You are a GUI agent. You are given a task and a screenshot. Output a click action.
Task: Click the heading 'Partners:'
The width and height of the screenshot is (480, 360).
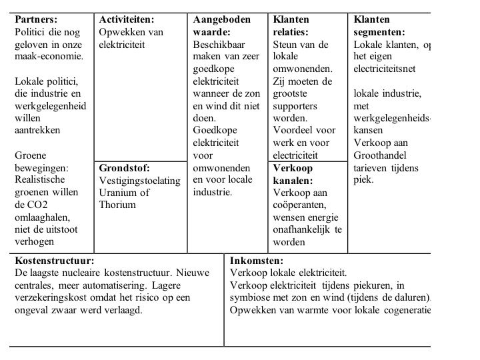36,19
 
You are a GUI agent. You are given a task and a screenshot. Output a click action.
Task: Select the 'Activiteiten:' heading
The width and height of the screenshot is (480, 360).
126,19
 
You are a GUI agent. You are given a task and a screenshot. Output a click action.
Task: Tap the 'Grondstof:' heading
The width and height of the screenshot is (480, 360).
124,168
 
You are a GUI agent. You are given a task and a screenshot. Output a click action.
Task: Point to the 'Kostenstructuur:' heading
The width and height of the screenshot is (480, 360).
54,261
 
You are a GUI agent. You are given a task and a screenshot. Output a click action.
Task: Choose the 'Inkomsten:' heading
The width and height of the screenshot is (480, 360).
257,261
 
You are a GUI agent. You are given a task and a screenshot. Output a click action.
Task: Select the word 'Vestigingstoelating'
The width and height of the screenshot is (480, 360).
139,181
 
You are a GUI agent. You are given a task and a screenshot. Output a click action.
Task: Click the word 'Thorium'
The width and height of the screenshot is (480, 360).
117,205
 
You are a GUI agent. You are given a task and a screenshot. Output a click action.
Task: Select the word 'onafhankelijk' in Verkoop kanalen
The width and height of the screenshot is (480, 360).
303,229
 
